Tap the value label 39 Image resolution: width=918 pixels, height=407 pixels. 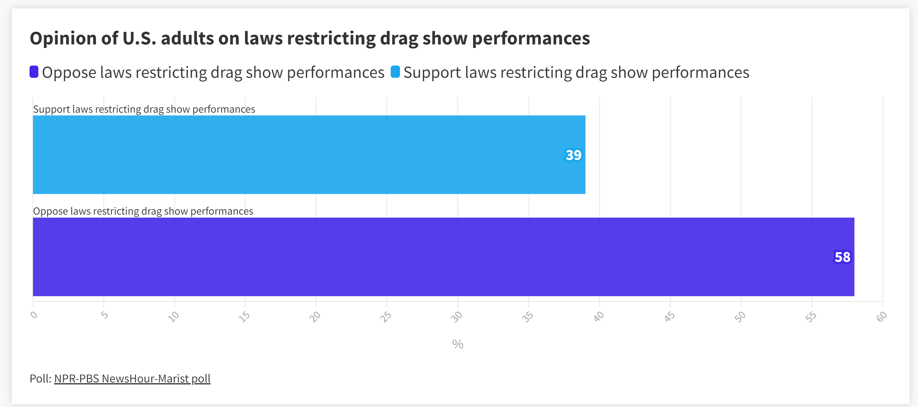[573, 155]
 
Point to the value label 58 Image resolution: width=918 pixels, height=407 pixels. [842, 257]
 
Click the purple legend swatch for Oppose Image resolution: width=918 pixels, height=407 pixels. [34, 72]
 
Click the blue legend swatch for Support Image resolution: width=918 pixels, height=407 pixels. [395, 72]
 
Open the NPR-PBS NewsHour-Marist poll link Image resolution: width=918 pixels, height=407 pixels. [132, 379]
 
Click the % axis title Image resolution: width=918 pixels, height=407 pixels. [457, 344]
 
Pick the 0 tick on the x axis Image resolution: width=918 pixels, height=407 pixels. [34, 315]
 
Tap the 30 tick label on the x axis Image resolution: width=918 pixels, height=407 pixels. [457, 317]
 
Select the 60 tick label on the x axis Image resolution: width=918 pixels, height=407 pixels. [882, 317]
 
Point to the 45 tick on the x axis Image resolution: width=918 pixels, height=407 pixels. [670, 317]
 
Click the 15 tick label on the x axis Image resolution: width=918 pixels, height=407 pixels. [244, 317]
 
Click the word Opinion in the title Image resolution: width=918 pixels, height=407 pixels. [63, 38]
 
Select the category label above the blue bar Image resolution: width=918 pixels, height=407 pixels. [144, 109]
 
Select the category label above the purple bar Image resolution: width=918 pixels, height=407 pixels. [143, 211]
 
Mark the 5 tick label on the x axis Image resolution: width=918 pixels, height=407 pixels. [105, 315]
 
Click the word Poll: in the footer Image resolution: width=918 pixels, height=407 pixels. [40, 379]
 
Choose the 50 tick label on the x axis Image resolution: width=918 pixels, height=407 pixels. [740, 317]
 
